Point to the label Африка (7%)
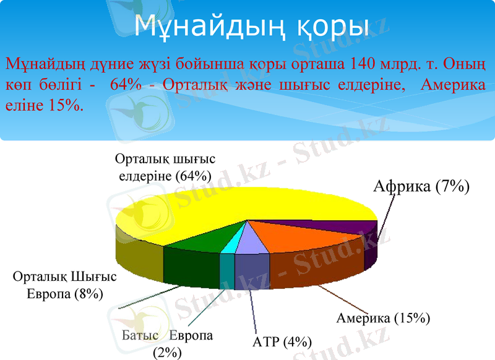point(421,186)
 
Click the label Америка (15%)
point(383,319)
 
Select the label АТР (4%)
point(282,341)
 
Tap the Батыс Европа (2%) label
point(168,343)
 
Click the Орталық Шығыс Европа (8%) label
point(65,285)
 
